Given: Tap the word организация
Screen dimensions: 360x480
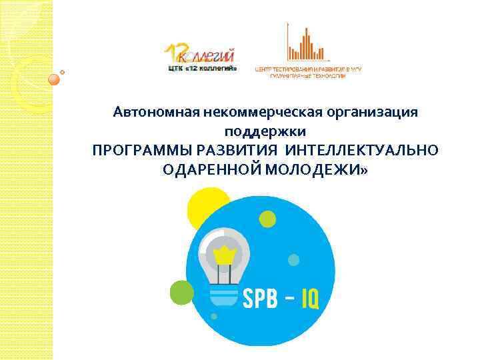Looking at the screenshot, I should click(376, 111).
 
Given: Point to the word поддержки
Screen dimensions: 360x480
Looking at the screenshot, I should click(266, 131).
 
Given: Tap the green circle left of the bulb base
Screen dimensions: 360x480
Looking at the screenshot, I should click(181, 291).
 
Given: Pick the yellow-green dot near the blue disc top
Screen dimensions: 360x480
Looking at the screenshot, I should click(267, 218).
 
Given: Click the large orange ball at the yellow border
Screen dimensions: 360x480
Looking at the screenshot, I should click(55, 79).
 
